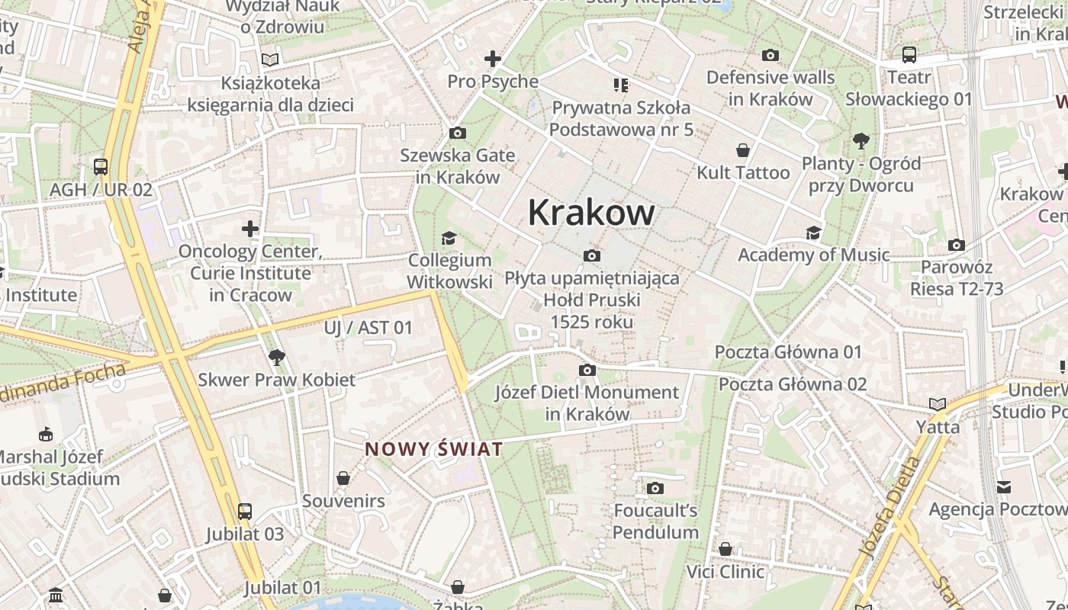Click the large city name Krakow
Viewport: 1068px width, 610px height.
pyautogui.click(x=590, y=212)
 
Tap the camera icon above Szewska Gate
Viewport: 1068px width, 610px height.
pyautogui.click(x=458, y=133)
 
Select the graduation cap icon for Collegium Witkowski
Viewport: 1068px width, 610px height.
pyautogui.click(x=449, y=239)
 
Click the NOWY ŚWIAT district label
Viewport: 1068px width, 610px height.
pyautogui.click(x=433, y=449)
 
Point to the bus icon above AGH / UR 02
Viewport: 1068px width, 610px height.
pyautogui.click(x=101, y=166)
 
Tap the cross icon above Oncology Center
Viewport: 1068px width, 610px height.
pyautogui.click(x=250, y=228)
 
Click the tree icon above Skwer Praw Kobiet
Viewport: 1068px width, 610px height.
pyautogui.click(x=276, y=357)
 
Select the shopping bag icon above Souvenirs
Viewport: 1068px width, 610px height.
pyautogui.click(x=343, y=478)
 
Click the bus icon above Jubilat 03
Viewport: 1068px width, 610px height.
pyautogui.click(x=245, y=511)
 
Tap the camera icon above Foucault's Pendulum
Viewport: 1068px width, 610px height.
pyautogui.click(x=655, y=488)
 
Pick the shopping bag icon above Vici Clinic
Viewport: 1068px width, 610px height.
pyautogui.click(x=725, y=549)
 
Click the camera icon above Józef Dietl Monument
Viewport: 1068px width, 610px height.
pyautogui.click(x=587, y=370)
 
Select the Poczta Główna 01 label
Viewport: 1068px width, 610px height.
pyautogui.click(x=788, y=352)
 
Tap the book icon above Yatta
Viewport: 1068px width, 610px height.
pyautogui.click(x=938, y=404)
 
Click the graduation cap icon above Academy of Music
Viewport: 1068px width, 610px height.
pyautogui.click(x=813, y=233)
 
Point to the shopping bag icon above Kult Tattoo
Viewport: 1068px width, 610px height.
pyautogui.click(x=743, y=150)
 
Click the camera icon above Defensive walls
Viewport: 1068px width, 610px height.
pyautogui.click(x=770, y=55)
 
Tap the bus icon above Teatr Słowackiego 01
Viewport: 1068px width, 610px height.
pyautogui.click(x=909, y=55)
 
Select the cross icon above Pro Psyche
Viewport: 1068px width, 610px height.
pyautogui.click(x=493, y=58)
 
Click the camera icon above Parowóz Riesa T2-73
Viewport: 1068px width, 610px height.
pyautogui.click(x=956, y=245)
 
